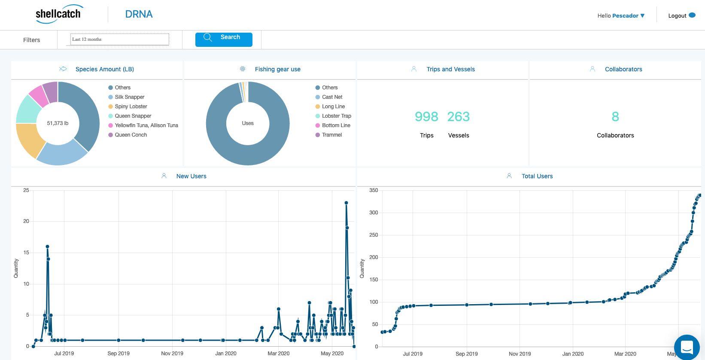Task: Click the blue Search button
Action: [x=223, y=40]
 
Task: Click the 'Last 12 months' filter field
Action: [x=119, y=40]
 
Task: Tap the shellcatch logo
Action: [x=59, y=14]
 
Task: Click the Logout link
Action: [x=681, y=15]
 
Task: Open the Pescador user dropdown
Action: [x=628, y=15]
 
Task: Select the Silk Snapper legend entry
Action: [x=126, y=97]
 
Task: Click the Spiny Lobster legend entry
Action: [x=128, y=107]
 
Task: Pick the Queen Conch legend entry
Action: [x=128, y=135]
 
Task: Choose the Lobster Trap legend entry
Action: [x=333, y=116]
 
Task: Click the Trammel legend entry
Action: [x=328, y=135]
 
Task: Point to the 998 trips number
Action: [x=426, y=116]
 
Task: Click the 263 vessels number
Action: [x=459, y=116]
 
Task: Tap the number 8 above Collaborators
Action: [x=615, y=116]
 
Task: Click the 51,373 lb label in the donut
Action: [x=58, y=123]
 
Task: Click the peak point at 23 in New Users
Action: [x=346, y=203]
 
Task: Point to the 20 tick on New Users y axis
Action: [x=26, y=221]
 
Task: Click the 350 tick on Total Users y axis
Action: [x=374, y=190]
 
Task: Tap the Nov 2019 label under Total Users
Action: [x=520, y=354]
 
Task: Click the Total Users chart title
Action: [x=537, y=176]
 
